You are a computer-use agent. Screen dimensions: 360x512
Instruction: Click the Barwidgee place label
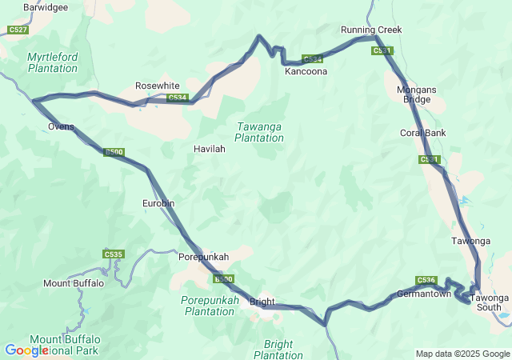click(46, 7)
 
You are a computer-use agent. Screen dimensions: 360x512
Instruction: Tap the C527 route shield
click(18, 30)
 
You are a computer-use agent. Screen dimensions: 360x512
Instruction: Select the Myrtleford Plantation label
click(53, 62)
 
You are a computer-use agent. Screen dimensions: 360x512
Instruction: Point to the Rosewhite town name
click(158, 86)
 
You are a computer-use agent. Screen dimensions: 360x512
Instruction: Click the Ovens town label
click(61, 126)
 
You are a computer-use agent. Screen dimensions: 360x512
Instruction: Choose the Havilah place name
click(210, 149)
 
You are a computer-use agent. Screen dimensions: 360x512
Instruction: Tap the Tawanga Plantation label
click(259, 132)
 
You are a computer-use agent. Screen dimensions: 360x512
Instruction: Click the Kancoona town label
click(306, 71)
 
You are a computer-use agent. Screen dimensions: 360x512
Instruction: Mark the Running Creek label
click(371, 30)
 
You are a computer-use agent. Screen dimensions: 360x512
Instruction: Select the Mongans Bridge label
click(418, 95)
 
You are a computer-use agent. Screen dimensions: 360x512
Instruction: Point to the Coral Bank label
click(423, 133)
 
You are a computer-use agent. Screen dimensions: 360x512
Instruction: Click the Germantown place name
click(424, 294)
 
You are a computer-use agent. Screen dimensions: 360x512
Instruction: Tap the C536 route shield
click(426, 280)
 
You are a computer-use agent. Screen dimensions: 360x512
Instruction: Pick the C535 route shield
click(114, 254)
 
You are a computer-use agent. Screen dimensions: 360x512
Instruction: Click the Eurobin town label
click(158, 203)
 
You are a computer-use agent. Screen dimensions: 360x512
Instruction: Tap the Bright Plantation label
click(278, 350)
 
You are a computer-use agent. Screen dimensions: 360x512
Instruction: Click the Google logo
click(26, 350)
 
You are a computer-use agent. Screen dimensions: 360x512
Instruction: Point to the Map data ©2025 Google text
click(462, 354)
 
